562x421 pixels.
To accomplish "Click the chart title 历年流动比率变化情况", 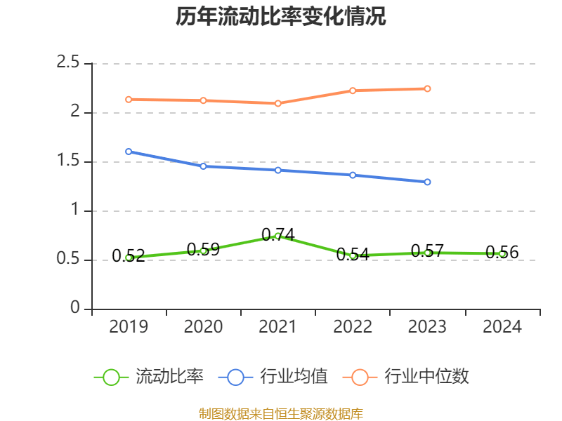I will [x=281, y=17].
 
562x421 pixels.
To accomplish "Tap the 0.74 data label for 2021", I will [x=278, y=234].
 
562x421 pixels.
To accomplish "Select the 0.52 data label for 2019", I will [x=129, y=256].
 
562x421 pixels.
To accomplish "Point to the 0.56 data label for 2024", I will [x=502, y=253].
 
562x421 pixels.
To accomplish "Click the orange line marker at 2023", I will [x=427, y=88].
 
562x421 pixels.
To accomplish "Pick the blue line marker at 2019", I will [x=129, y=152].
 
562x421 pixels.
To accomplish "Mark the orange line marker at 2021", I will [x=278, y=103].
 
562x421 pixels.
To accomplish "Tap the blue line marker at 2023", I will [x=427, y=182].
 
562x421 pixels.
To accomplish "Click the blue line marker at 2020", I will [x=203, y=166].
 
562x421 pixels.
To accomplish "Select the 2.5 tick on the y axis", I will [x=68, y=63].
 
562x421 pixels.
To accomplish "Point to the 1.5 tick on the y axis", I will [x=68, y=162].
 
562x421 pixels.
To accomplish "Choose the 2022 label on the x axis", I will [x=353, y=327].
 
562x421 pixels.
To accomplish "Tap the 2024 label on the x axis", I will [x=502, y=327].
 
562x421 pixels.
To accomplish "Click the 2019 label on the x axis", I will [x=129, y=327].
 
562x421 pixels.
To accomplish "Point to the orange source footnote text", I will [x=281, y=413].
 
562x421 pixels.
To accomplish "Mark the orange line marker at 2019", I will [x=129, y=100].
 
